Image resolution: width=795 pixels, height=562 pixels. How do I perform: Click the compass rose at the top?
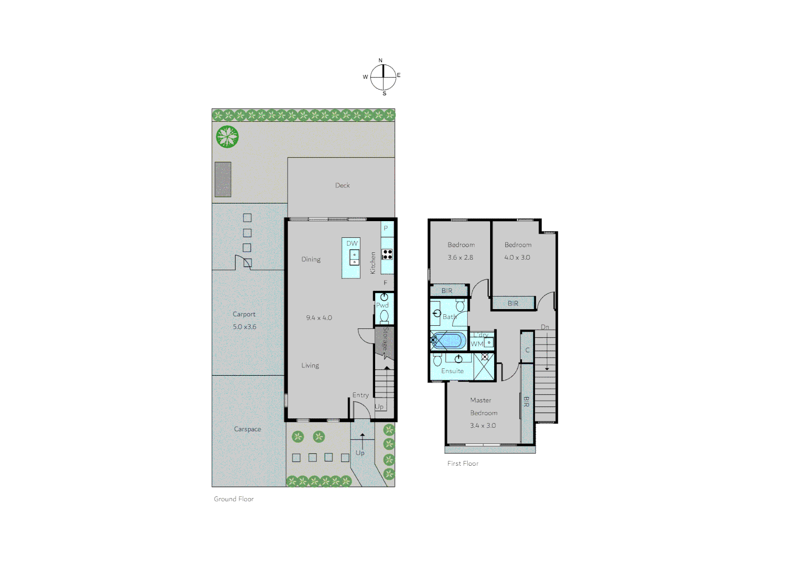[383, 77]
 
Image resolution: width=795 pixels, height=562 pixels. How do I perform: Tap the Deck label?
[342, 185]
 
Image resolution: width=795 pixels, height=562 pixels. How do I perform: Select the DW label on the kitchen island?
[352, 243]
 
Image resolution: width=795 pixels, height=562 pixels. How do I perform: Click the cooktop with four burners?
[387, 254]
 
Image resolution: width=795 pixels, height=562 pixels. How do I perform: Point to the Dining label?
[311, 259]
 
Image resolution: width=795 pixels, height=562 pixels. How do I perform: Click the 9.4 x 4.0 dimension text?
[319, 317]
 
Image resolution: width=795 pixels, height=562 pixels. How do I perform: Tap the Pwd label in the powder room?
[382, 305]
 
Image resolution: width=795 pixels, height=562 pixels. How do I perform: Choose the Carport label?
[244, 314]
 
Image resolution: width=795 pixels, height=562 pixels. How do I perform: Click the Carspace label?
[248, 429]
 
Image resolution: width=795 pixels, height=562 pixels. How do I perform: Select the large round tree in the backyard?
[227, 136]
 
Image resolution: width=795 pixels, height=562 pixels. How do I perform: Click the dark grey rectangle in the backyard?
[223, 180]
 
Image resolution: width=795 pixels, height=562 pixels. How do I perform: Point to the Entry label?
[361, 395]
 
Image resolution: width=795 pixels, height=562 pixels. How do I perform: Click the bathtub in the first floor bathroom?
[449, 340]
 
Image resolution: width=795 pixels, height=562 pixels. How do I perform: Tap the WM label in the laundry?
[477, 344]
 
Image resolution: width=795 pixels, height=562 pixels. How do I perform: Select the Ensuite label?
[453, 371]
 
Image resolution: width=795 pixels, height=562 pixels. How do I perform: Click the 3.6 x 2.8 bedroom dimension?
[460, 257]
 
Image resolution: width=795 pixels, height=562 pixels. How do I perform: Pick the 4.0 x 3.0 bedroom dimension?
[517, 257]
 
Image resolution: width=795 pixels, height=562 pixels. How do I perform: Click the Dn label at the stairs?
[545, 327]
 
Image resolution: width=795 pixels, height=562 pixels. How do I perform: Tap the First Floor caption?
[463, 463]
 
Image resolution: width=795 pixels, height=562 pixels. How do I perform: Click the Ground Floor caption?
[234, 499]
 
